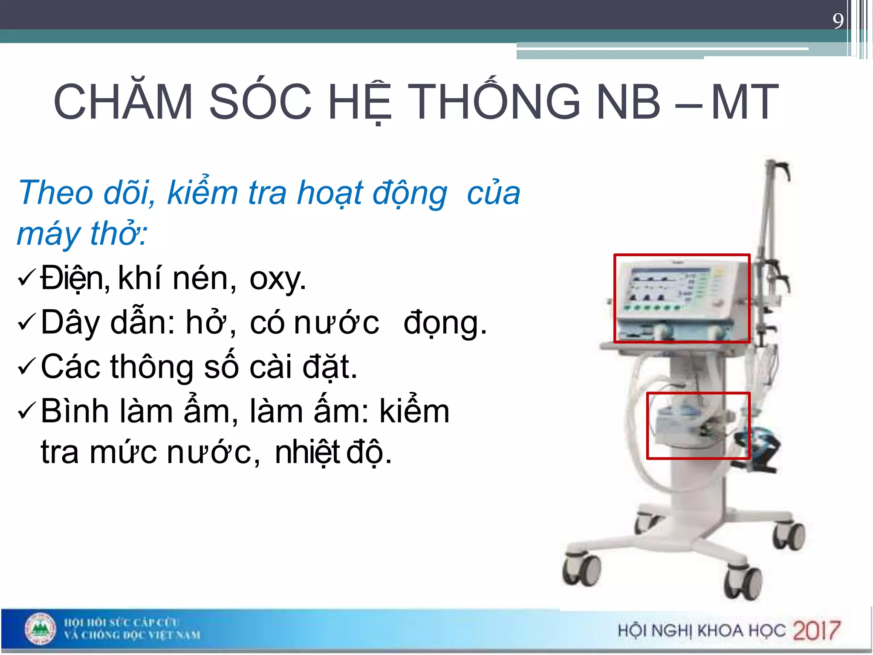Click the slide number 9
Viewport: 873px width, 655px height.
click(838, 20)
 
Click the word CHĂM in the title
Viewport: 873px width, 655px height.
click(124, 102)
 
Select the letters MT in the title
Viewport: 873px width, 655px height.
click(744, 102)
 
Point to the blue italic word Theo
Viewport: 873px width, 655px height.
click(55, 193)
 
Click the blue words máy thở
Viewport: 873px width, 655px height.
click(81, 234)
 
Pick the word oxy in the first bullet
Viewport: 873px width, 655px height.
click(277, 279)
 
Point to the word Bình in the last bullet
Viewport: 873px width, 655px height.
click(75, 411)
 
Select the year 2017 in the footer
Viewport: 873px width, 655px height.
click(816, 630)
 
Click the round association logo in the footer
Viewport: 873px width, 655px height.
click(40, 629)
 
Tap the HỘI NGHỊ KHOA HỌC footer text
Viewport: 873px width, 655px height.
click(701, 630)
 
